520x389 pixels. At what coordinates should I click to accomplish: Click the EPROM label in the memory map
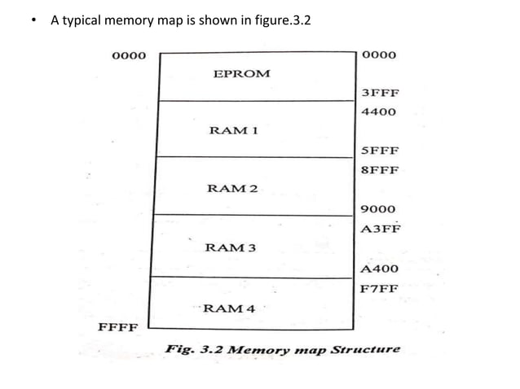coord(241,73)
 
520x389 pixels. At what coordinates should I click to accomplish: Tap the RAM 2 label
coord(232,189)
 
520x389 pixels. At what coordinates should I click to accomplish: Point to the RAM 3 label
coord(231,247)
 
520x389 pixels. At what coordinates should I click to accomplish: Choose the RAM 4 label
coord(228,308)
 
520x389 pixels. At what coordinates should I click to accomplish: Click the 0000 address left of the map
coord(127,56)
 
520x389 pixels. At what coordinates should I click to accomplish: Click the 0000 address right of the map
coord(377,56)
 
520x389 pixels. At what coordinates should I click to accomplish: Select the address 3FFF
coord(379,93)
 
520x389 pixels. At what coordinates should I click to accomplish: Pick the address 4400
coord(379,111)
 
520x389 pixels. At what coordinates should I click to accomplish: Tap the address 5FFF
coord(379,151)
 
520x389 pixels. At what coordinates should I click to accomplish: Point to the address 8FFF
coord(379,171)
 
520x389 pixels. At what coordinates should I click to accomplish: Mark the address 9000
coord(379,209)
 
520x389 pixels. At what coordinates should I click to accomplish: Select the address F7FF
coord(379,287)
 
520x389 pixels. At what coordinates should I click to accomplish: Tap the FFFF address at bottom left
coord(117,328)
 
